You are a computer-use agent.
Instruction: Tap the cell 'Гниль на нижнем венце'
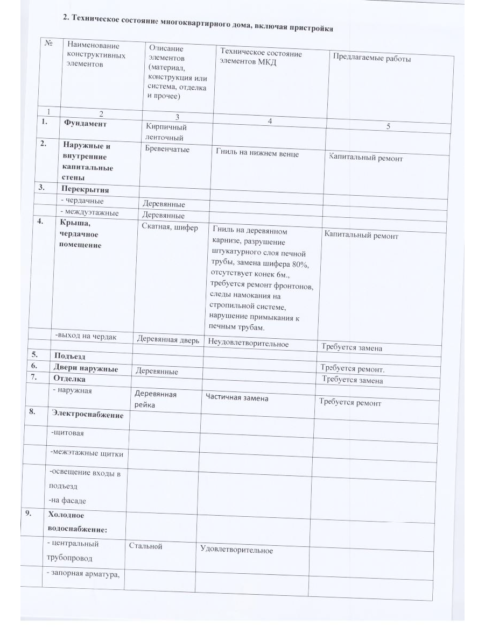tap(257, 153)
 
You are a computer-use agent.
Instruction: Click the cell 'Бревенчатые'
tap(167, 149)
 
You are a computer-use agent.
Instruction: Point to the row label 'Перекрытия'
tap(85, 190)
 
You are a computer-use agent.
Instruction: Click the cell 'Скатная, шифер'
tap(170, 227)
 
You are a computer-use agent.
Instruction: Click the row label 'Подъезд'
tap(69, 356)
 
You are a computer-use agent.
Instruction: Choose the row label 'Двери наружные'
tap(86, 368)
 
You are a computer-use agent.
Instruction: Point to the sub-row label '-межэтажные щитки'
tap(86, 453)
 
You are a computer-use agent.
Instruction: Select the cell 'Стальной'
tap(145, 546)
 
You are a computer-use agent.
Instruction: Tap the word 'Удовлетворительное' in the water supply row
tap(236, 550)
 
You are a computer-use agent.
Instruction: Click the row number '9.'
tap(30, 512)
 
